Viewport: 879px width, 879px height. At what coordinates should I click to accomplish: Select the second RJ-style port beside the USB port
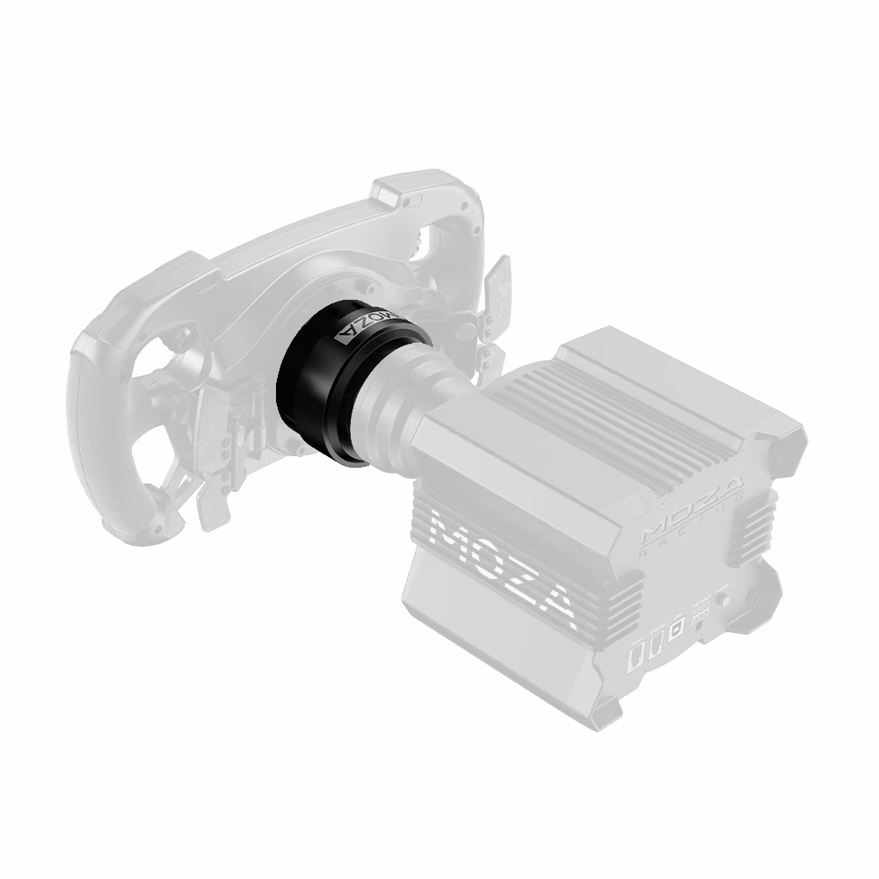click(655, 646)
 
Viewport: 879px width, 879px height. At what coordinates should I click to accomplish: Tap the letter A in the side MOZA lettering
click(556, 607)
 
